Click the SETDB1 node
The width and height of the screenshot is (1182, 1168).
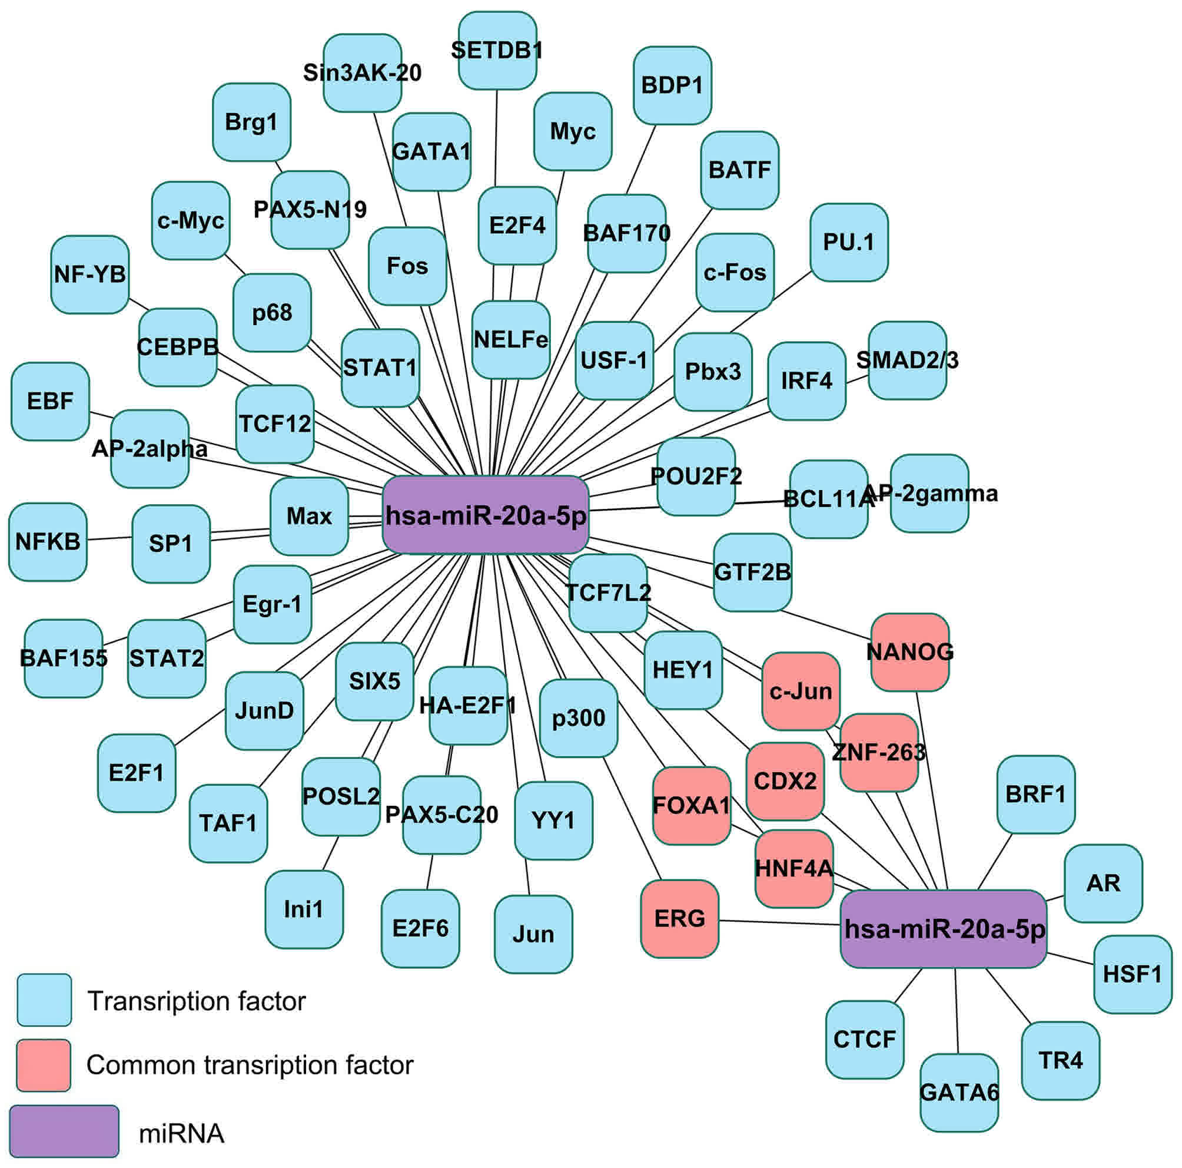(x=497, y=51)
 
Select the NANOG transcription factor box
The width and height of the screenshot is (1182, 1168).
(x=909, y=653)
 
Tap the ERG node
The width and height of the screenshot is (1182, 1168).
(x=679, y=919)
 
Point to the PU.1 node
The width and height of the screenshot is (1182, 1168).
(x=849, y=243)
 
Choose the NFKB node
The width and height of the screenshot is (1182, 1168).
(x=48, y=542)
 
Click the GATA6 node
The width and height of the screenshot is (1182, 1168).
(x=959, y=1092)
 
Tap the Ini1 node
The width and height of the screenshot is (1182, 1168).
(x=304, y=909)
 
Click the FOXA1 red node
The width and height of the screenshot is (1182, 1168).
(x=691, y=806)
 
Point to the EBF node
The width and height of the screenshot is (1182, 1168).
(x=50, y=402)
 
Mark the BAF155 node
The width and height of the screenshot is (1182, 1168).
(x=63, y=659)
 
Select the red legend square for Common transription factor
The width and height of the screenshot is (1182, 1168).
(x=44, y=1065)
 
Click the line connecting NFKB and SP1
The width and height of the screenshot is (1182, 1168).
(x=109, y=539)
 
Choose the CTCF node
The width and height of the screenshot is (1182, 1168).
(x=864, y=1040)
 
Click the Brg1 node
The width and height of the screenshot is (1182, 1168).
(x=251, y=123)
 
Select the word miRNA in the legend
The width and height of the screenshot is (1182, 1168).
(x=182, y=1134)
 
